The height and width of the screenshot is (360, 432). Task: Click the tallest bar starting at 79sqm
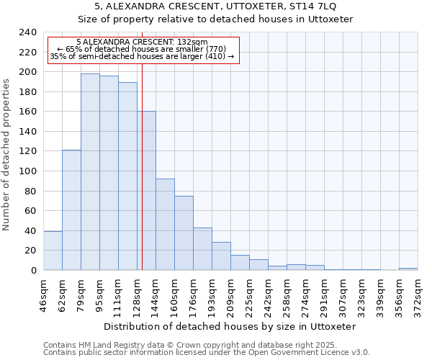pos(90,172)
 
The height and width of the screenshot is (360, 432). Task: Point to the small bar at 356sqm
pos(408,269)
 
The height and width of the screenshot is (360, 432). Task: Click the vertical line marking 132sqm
pos(143,180)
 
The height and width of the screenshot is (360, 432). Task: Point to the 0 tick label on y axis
pos(34,271)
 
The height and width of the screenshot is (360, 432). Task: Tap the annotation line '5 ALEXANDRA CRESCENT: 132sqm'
pos(142,42)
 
